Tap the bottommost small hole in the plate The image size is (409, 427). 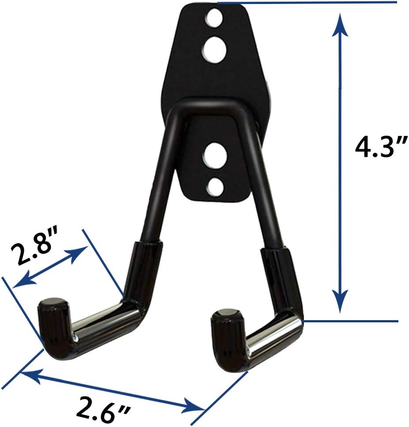click(215, 187)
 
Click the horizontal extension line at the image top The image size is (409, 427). click(309, 3)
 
